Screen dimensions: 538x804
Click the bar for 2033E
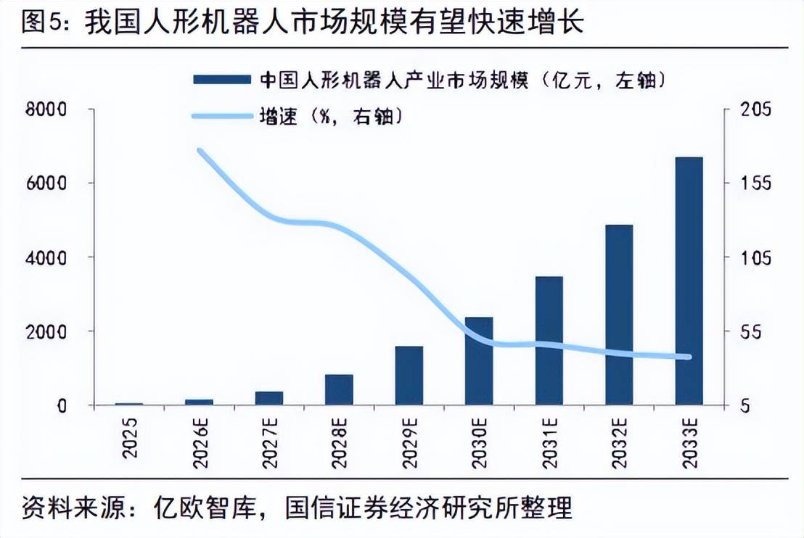[x=689, y=281]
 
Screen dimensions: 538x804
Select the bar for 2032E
[x=619, y=315]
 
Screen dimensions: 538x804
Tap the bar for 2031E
[x=549, y=341]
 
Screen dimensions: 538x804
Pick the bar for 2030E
[x=479, y=361]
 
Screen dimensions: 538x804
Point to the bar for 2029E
[x=409, y=376]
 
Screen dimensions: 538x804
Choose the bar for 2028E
[x=339, y=389]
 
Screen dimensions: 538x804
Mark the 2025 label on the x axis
[x=130, y=439]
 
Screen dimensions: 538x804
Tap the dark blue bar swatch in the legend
[x=221, y=79]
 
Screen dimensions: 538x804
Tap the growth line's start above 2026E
[x=200, y=151]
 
